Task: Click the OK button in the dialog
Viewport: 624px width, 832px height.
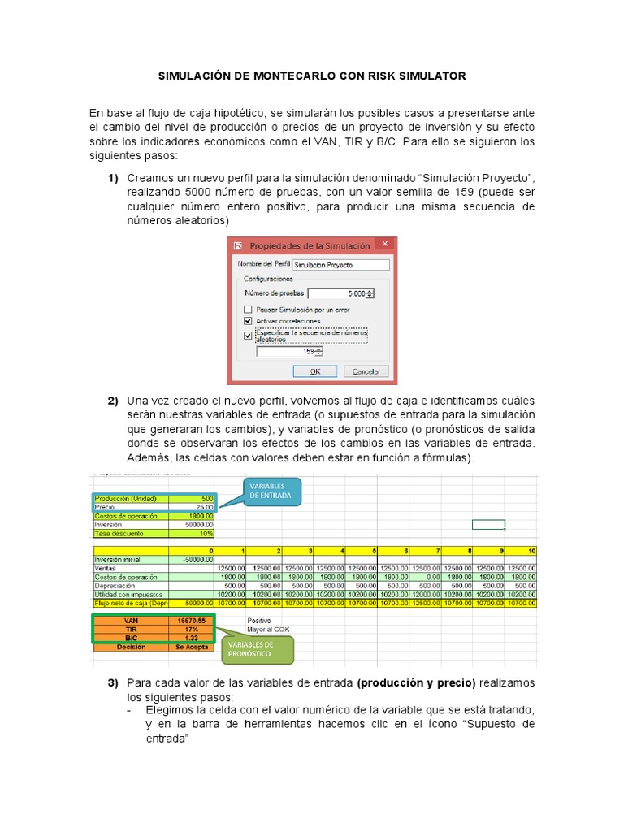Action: coord(316,371)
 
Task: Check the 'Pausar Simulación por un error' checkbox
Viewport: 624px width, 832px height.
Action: coord(248,310)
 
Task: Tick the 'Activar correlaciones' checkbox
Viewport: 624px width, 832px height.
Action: coord(248,321)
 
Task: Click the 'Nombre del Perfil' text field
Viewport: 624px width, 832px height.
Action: coord(340,265)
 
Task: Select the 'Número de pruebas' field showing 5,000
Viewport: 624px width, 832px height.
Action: coord(339,294)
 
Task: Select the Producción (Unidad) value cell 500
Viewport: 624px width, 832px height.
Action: coord(193,499)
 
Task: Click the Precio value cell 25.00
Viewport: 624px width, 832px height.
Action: coord(193,507)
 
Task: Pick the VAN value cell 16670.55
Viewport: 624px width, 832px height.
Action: coord(193,621)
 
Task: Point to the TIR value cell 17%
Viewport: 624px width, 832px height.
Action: coord(193,630)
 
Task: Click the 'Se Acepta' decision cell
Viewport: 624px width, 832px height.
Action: coord(193,648)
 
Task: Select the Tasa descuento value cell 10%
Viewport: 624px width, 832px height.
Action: coord(193,534)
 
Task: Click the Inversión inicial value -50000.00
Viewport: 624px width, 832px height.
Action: coord(193,560)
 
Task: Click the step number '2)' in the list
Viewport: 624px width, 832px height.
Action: coord(113,401)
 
